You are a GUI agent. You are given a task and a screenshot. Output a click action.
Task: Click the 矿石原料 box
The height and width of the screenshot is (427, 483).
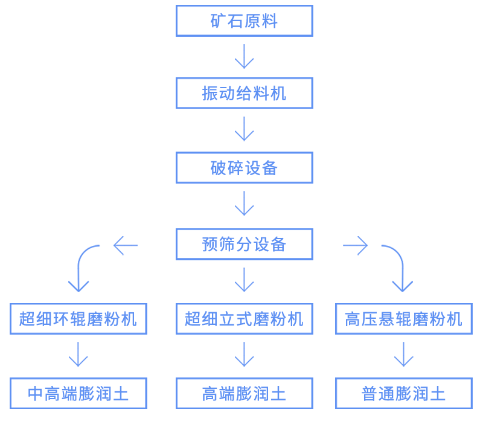(x=244, y=21)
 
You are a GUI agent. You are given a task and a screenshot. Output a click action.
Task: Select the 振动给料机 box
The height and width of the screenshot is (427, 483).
(x=244, y=93)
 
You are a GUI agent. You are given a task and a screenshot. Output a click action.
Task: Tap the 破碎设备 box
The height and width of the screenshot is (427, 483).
(x=244, y=167)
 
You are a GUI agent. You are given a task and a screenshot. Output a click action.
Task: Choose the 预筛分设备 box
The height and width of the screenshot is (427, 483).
(x=244, y=244)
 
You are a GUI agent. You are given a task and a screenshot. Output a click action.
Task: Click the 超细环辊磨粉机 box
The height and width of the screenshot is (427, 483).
(x=78, y=319)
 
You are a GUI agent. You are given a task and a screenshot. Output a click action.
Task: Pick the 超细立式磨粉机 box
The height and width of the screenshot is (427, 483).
(x=244, y=319)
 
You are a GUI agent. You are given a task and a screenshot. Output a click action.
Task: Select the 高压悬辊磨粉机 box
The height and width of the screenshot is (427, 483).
(x=403, y=319)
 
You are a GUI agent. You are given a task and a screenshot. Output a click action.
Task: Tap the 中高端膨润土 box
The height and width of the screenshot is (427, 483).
(x=78, y=393)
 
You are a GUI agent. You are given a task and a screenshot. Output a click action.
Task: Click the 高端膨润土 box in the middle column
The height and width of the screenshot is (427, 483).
(x=244, y=393)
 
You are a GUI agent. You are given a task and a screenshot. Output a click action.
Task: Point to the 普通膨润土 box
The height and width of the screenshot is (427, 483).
(x=403, y=393)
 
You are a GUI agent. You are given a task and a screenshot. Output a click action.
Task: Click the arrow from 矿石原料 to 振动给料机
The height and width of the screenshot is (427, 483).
(x=244, y=56)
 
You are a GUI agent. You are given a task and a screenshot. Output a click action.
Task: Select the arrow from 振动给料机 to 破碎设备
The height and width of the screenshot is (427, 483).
(x=244, y=129)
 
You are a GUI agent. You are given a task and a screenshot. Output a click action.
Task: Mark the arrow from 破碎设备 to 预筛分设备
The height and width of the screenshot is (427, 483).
(x=244, y=204)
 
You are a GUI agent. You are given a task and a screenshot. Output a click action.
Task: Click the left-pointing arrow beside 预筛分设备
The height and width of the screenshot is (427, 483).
(x=126, y=245)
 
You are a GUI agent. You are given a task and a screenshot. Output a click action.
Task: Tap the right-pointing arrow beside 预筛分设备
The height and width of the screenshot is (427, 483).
(x=355, y=245)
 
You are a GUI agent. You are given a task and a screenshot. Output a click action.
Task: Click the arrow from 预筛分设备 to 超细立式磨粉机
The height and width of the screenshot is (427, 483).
(x=244, y=280)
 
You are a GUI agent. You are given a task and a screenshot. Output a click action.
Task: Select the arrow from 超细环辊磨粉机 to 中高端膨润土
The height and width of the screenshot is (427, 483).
(x=78, y=355)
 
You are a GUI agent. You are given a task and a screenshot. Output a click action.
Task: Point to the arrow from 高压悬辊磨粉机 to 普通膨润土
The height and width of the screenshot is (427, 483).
(x=403, y=355)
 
